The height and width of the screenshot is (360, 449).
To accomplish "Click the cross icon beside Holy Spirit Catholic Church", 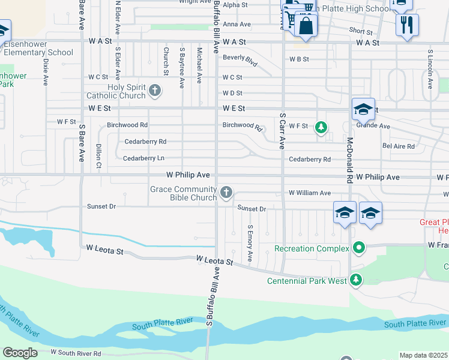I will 155,91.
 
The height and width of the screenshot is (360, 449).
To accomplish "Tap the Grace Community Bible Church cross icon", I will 226,192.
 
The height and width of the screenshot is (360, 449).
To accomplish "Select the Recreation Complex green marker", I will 359,247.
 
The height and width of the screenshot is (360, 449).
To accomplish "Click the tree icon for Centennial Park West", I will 356,279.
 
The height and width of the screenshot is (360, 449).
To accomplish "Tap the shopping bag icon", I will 306,25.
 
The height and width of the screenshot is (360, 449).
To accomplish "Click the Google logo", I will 20,353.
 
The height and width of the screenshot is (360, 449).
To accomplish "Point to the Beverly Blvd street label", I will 240,60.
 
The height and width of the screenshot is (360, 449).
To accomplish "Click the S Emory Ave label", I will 250,239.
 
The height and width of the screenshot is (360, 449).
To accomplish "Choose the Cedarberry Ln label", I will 143,158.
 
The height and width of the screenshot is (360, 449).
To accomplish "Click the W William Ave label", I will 309,193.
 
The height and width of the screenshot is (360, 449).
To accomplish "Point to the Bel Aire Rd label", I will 399,146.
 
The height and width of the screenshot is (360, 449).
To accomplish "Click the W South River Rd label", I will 76,353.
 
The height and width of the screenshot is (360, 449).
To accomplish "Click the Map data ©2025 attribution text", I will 424,355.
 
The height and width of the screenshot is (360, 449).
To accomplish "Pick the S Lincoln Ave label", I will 430,70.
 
